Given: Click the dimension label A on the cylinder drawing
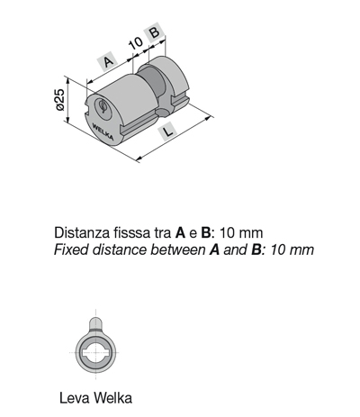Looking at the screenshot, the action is (109, 61).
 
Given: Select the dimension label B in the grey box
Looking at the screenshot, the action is (155, 32).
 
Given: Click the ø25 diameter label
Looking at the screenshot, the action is (60, 100).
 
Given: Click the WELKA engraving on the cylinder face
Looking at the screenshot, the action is (103, 131).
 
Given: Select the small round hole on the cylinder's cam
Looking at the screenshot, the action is (162, 113).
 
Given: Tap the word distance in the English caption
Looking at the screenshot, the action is (120, 249).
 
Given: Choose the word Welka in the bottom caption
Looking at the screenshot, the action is (112, 398).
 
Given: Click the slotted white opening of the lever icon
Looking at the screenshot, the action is (95, 352).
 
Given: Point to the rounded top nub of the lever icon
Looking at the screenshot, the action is (95, 323).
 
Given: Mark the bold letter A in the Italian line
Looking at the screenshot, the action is (180, 232).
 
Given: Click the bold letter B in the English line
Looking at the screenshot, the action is (256, 249).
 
